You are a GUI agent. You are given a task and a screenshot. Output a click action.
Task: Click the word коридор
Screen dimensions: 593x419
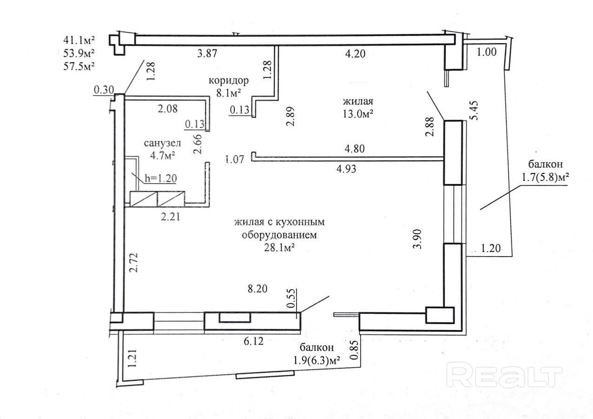pyautogui.click(x=229, y=80)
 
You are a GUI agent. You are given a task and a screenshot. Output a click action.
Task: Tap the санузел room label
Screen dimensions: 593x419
pyautogui.click(x=163, y=143)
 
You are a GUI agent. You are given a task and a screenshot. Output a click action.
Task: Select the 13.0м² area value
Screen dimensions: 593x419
pyautogui.click(x=358, y=114)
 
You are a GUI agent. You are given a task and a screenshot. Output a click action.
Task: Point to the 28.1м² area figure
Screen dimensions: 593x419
pyautogui.click(x=280, y=248)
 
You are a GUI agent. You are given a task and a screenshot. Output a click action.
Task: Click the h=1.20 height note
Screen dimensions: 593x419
pyautogui.click(x=161, y=178)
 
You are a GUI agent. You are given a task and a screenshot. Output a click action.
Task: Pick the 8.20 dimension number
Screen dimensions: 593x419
pyautogui.click(x=257, y=289)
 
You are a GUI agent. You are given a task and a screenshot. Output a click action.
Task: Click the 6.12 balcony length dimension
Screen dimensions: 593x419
pyautogui.click(x=254, y=341)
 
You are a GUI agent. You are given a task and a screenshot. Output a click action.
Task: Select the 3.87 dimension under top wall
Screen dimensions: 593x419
pyautogui.click(x=207, y=53)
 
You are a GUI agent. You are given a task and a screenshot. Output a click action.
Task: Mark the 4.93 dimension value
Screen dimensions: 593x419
pyautogui.click(x=346, y=169)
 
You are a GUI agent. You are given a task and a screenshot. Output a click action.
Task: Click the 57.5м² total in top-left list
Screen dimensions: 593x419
pyautogui.click(x=79, y=66)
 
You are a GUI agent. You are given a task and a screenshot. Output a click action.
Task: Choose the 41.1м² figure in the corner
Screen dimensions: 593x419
pyautogui.click(x=79, y=40)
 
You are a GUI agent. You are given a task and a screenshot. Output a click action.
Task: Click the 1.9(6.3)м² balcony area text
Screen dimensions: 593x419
pyautogui.click(x=316, y=360)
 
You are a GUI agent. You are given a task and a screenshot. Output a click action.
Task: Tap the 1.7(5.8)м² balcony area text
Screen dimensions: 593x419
pyautogui.click(x=545, y=177)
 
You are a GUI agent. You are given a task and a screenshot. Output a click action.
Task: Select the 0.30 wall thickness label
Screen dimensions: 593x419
pyautogui.click(x=104, y=90)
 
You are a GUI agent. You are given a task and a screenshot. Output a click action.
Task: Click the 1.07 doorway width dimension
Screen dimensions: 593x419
pyautogui.click(x=234, y=160)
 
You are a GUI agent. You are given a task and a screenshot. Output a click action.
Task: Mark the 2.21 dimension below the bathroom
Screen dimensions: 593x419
pyautogui.click(x=171, y=217)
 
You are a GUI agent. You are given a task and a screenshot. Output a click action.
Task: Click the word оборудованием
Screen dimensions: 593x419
pyautogui.click(x=279, y=235)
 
